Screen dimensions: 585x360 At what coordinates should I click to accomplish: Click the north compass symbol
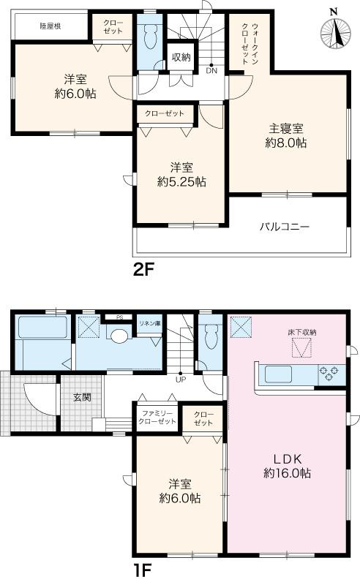pos(334,29)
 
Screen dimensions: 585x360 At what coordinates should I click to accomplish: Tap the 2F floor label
pos(144,268)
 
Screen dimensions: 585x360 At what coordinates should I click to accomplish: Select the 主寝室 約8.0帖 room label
pos(285,136)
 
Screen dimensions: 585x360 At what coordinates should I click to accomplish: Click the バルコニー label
pos(284,227)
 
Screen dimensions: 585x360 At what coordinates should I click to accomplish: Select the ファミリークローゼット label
pos(159,418)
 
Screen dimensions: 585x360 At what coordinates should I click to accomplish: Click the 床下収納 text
pos(301,333)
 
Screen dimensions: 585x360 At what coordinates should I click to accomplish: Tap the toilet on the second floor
pos(151,34)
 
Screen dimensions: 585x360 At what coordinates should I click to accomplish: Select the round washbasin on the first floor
pos(119,335)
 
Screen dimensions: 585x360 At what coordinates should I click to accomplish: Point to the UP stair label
pos(179,379)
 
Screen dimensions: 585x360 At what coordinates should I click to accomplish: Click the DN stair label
pos(211,71)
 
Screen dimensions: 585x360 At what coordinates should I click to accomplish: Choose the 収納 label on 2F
pos(181,57)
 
